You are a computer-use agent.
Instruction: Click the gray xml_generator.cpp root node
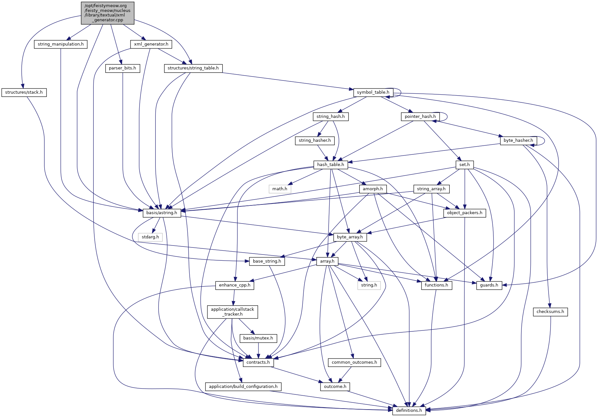click(x=107, y=13)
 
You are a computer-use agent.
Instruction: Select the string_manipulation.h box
click(x=60, y=44)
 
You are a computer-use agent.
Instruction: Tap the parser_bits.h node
click(x=122, y=68)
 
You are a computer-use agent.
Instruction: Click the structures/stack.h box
click(x=24, y=92)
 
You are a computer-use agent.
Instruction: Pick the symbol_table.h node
click(x=373, y=92)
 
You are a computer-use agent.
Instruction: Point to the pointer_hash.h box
click(x=420, y=117)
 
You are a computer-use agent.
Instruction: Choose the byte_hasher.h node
click(x=518, y=141)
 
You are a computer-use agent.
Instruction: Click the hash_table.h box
click(x=330, y=165)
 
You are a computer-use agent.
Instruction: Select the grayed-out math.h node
click(x=280, y=189)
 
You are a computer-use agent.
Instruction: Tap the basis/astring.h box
click(x=162, y=213)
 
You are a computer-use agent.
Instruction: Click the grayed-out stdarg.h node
click(x=150, y=237)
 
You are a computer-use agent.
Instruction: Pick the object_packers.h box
click(x=465, y=213)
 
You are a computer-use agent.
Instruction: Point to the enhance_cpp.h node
click(x=235, y=285)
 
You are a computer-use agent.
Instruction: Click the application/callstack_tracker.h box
click(x=232, y=312)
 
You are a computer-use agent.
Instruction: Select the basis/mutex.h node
click(x=258, y=338)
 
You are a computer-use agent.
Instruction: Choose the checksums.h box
click(x=550, y=312)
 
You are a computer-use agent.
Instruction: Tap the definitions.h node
click(x=409, y=411)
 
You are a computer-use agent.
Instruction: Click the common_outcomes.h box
click(x=354, y=362)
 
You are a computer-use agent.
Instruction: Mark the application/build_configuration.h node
click(x=243, y=387)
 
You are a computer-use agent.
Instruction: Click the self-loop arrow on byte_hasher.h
click(x=544, y=141)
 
